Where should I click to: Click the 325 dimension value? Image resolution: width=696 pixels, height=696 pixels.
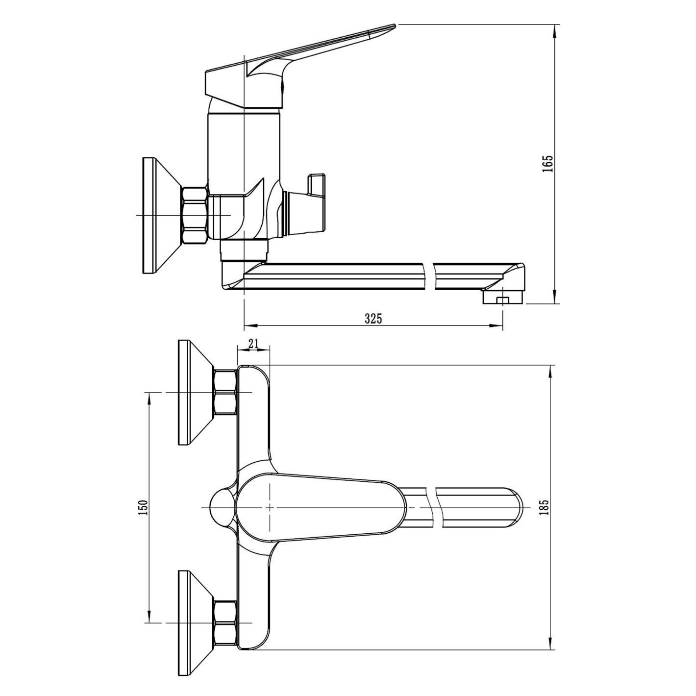pos(373,319)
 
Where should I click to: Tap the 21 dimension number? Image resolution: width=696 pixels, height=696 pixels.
pos(253,344)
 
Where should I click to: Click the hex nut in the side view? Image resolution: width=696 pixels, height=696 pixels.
pos(195,215)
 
